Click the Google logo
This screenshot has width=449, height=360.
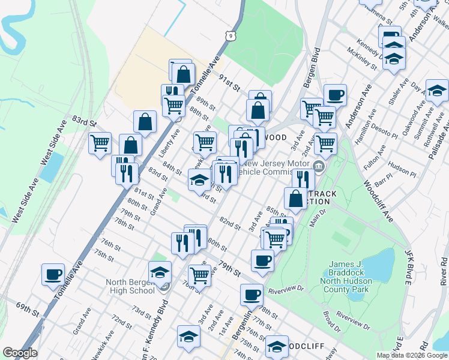(x=20, y=353)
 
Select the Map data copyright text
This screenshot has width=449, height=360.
(x=412, y=355)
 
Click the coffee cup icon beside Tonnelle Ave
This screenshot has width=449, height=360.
(x=53, y=274)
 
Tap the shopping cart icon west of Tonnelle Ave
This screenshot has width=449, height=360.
(x=99, y=143)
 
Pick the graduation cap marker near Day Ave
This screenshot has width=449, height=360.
(x=437, y=90)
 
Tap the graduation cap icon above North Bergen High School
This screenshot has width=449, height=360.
(x=160, y=272)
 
